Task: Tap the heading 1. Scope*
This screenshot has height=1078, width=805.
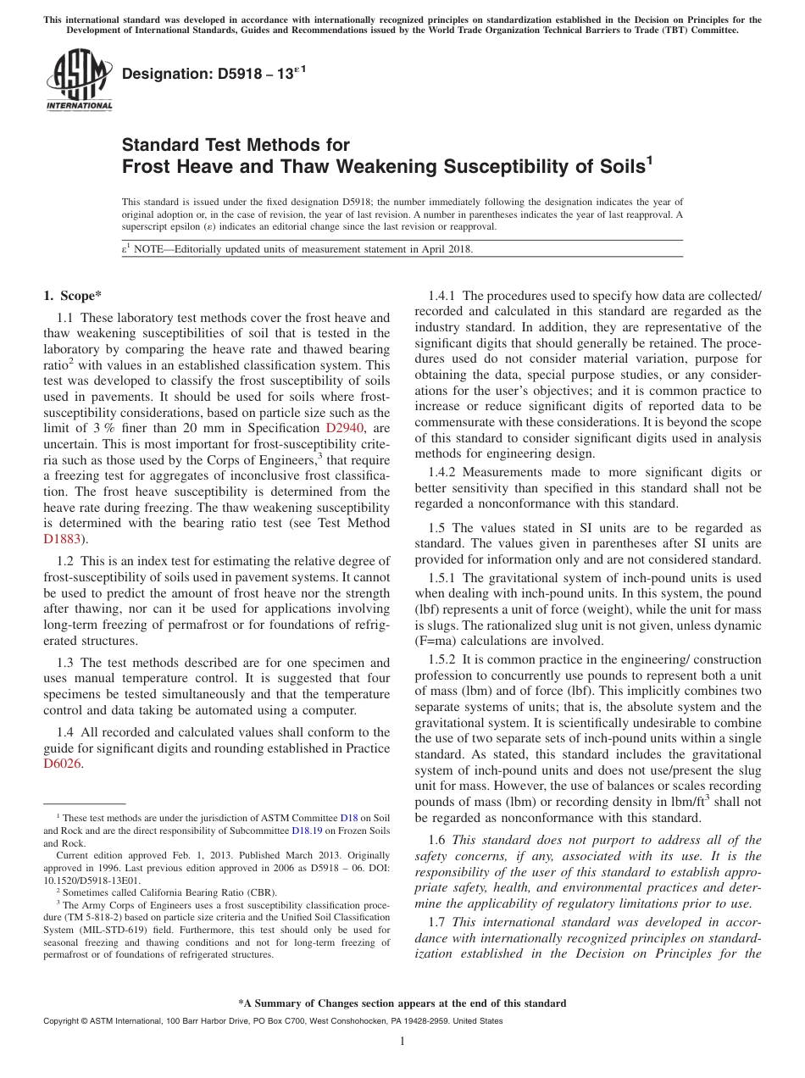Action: (72, 296)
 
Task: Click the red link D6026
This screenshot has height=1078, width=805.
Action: (64, 763)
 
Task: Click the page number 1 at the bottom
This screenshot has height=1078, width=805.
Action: (402, 1042)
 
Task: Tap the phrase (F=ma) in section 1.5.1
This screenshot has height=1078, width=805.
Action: (437, 641)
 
